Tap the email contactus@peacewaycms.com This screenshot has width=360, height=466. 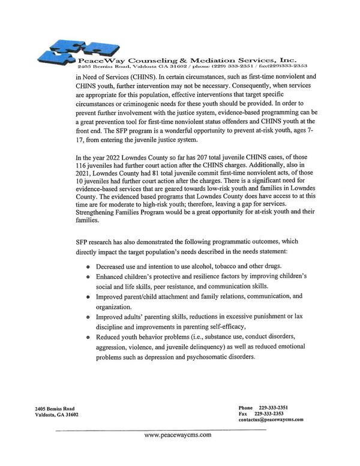pos(271,420)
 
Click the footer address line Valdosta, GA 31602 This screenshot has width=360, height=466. pos(56,414)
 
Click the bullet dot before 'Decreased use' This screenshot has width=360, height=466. pos(89,266)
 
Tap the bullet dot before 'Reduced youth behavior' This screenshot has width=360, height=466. pos(89,338)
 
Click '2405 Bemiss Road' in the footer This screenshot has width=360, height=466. pos(55,408)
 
